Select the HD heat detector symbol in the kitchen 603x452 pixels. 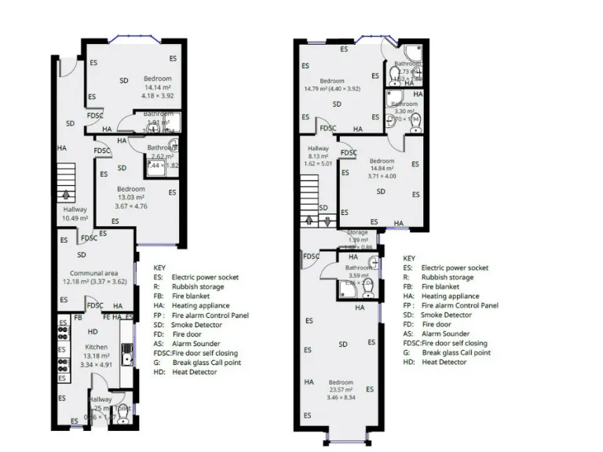[93, 331]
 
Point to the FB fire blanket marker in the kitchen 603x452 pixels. [78, 317]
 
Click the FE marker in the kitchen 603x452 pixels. [106, 317]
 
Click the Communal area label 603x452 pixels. [82, 272]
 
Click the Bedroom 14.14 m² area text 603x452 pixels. [156, 87]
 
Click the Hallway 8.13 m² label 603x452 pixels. [318, 156]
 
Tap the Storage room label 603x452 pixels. [357, 232]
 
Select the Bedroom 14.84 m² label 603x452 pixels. [382, 168]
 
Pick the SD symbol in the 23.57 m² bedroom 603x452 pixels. [342, 344]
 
